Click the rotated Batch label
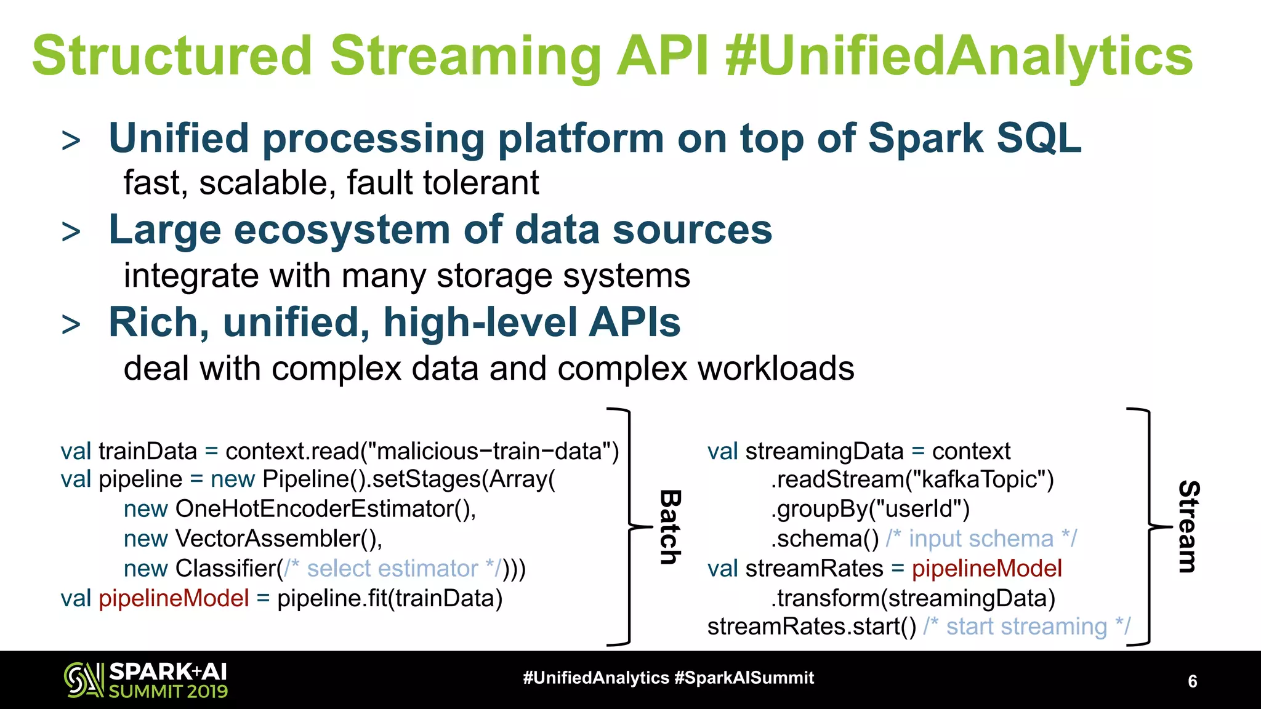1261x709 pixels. click(x=670, y=527)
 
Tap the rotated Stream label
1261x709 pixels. click(x=1188, y=527)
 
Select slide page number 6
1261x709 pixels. click(x=1192, y=681)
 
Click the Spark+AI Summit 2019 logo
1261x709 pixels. click(x=146, y=680)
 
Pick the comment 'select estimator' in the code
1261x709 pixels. click(x=392, y=568)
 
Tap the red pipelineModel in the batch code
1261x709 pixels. click(x=174, y=598)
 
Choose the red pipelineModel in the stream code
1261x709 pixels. click(x=986, y=568)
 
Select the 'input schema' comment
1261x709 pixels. click(x=981, y=539)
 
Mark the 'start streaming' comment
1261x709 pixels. click(x=1026, y=627)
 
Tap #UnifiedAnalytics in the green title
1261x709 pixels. click(x=959, y=55)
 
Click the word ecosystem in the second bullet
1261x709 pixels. click(x=342, y=230)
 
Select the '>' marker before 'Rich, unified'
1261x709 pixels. click(x=71, y=324)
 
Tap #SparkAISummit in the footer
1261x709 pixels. click(x=744, y=678)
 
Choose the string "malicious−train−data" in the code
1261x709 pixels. click(x=489, y=451)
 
